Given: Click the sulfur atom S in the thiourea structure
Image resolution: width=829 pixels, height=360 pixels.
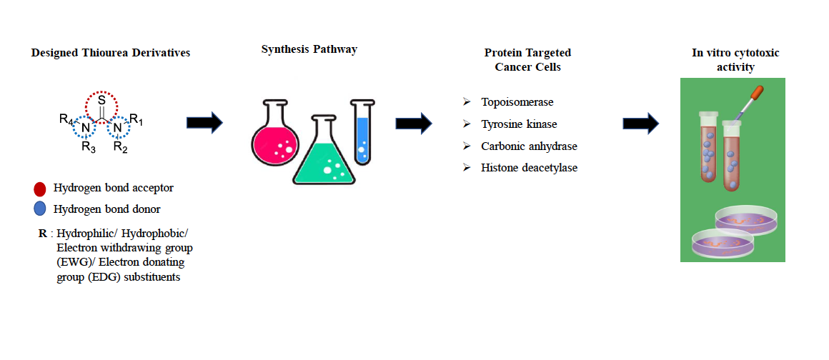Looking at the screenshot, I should pyautogui.click(x=101, y=101).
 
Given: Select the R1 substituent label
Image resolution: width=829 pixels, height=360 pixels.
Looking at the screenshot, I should pyautogui.click(x=136, y=119).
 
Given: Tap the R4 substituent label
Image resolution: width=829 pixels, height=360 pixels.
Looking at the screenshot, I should pyautogui.click(x=66, y=119).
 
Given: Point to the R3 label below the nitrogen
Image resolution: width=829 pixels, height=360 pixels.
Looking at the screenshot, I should pyautogui.click(x=88, y=148).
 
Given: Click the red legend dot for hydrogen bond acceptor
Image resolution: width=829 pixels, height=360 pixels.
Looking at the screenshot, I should pyautogui.click(x=40, y=189).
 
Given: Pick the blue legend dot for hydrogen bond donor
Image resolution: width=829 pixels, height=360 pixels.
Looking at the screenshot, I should pyautogui.click(x=40, y=209).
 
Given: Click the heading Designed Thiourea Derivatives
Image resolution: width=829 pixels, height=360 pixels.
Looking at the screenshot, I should pyautogui.click(x=111, y=53).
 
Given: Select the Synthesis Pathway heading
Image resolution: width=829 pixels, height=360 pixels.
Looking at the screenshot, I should pyautogui.click(x=309, y=49).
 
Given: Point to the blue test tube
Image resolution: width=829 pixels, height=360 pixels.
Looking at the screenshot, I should pyautogui.click(x=362, y=132).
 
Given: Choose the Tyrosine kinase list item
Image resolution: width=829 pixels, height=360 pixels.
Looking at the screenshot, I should pyautogui.click(x=519, y=124).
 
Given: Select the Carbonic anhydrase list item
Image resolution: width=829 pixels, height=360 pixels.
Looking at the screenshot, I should pyautogui.click(x=529, y=146).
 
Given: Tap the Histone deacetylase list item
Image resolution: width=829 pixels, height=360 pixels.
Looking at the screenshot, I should pyautogui.click(x=529, y=168).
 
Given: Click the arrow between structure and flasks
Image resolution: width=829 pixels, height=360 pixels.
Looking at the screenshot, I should pyautogui.click(x=204, y=123).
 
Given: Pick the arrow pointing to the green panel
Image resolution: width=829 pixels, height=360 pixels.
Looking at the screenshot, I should pyautogui.click(x=640, y=123).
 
